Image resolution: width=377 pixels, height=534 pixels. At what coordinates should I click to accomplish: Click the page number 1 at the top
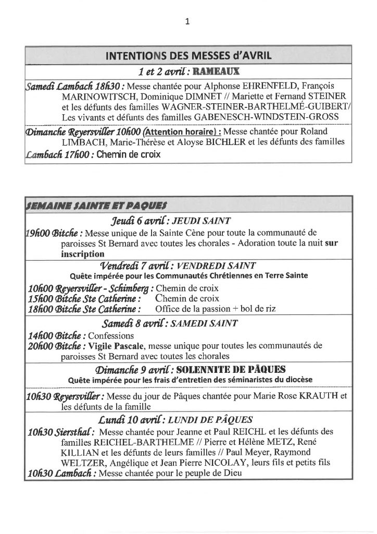[188, 21]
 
